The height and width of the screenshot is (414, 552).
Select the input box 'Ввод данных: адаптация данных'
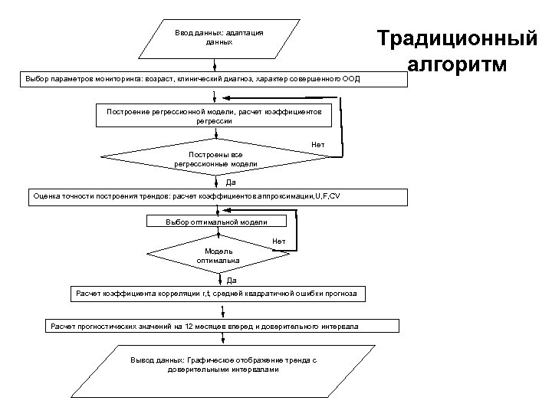(x=219, y=38)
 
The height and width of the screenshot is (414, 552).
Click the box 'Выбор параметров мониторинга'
(x=202, y=79)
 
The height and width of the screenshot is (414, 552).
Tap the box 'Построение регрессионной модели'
(x=214, y=116)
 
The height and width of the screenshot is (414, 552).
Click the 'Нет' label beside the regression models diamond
(x=318, y=144)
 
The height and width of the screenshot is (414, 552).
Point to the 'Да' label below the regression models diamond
(x=231, y=182)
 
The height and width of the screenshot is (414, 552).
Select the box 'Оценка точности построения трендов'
(x=216, y=196)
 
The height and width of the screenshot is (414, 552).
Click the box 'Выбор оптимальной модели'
(x=217, y=222)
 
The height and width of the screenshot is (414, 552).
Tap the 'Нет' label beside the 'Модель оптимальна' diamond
(x=279, y=242)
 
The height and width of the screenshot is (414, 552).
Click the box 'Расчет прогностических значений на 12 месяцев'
(x=203, y=327)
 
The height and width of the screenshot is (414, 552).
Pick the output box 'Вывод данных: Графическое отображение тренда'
(x=223, y=364)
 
